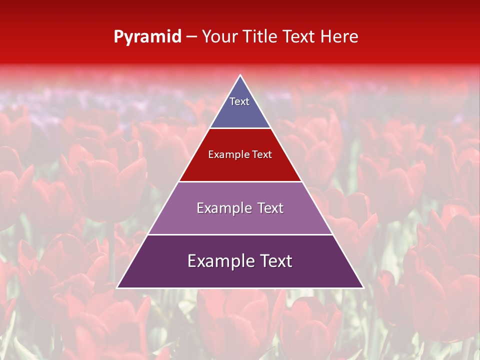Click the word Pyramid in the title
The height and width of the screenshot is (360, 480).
(147, 37)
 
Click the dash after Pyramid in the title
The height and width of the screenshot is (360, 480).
(191, 37)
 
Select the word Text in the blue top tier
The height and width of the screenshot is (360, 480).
(239, 101)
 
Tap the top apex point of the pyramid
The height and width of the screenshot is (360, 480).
(240, 75)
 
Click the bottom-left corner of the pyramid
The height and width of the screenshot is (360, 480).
(117, 288)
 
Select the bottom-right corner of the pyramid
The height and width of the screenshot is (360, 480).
(363, 288)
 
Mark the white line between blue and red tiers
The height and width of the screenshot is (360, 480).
(240, 128)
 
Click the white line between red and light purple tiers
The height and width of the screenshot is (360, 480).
(240, 181)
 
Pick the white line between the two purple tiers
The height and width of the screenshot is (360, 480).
(240, 234)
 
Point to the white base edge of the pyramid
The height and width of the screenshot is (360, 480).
(240, 288)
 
